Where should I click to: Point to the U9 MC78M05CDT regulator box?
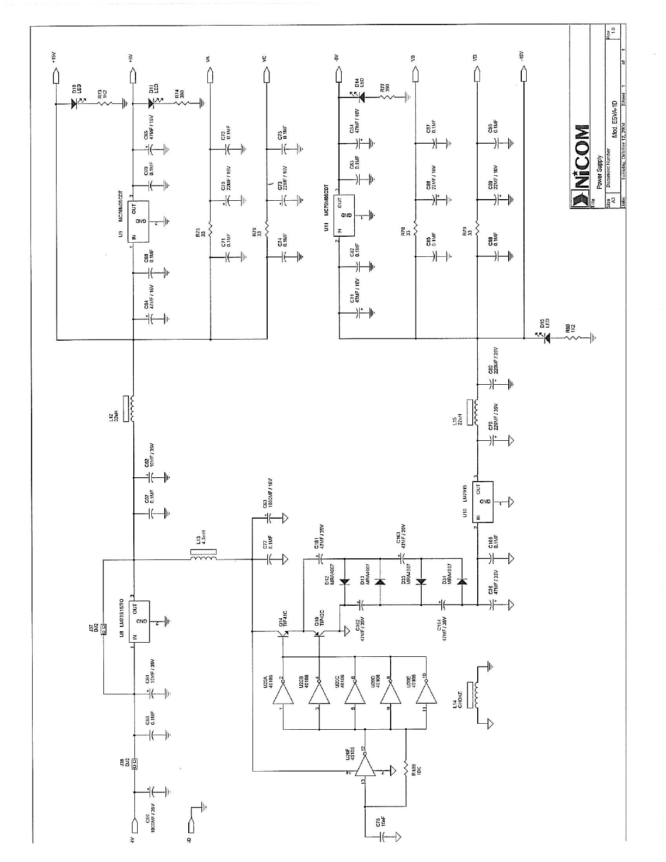(140, 222)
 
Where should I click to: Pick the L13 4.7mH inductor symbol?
(203, 557)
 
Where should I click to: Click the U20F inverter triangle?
(367, 767)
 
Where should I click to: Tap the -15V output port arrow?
(525, 72)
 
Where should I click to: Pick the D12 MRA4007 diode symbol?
(344, 582)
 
